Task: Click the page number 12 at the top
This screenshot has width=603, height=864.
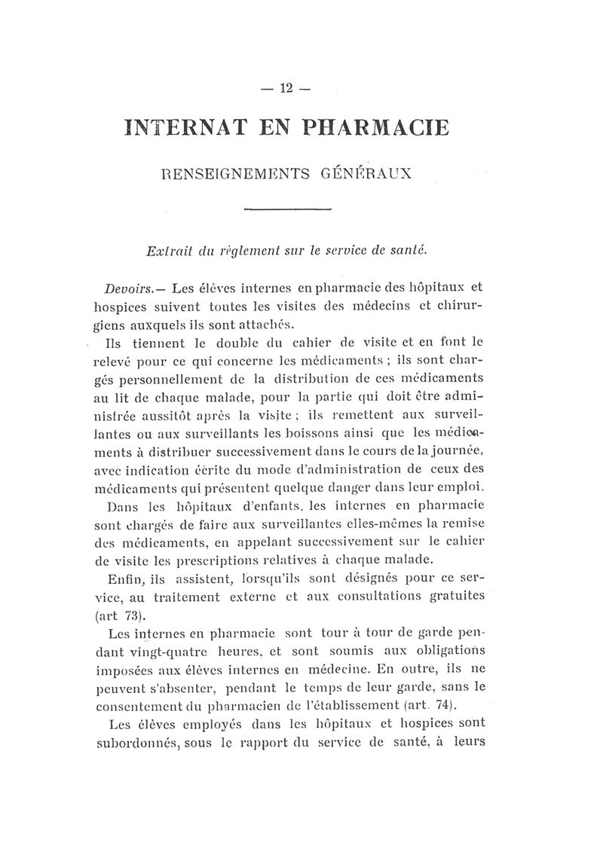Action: point(286,88)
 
